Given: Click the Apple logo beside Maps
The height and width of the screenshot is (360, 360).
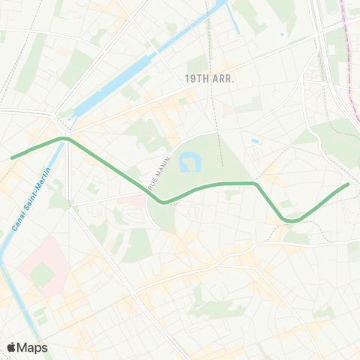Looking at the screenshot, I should (x=12, y=347).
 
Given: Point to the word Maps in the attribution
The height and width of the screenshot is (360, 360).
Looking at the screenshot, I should (x=33, y=347).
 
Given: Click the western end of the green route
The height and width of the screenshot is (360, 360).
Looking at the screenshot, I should (x=12, y=157).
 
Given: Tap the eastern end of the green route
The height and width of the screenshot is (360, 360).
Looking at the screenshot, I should (x=348, y=184).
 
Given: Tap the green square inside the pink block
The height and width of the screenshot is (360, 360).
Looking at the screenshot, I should (x=43, y=276).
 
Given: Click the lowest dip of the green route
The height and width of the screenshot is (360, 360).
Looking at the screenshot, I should (x=292, y=220).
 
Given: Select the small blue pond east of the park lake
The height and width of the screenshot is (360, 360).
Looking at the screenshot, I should (x=256, y=140).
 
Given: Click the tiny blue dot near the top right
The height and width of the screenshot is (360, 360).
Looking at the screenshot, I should (x=282, y=34).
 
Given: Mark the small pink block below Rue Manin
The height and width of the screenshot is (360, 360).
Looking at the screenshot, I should (x=136, y=202).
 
